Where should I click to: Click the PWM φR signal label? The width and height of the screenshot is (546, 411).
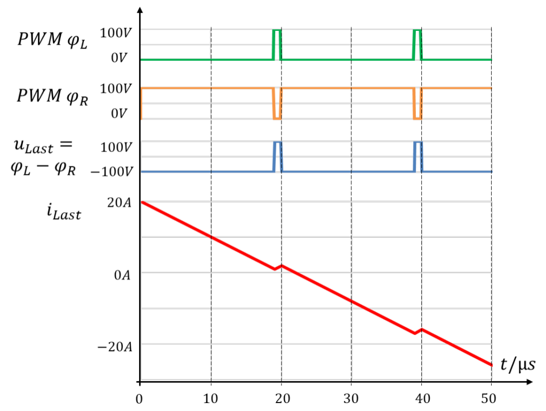pos(52,96)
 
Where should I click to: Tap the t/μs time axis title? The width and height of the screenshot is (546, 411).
pos(518,365)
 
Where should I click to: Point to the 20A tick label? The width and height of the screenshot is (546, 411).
pos(119,203)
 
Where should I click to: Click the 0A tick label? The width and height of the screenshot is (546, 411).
pos(122,275)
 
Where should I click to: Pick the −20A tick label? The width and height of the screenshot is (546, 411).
pos(115,347)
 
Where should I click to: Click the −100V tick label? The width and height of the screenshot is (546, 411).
pos(112,172)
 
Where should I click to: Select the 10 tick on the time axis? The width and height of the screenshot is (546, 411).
pos(211,398)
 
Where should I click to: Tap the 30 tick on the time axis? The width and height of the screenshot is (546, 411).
pos(351,398)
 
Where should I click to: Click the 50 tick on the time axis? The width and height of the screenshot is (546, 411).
pos(489,398)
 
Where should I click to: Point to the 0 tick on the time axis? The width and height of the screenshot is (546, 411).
pos(139,399)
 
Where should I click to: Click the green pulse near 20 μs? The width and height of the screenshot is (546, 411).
pos(277,45)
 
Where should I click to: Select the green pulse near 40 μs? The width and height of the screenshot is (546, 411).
pos(417,45)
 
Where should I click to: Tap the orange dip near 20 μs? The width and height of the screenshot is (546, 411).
pos(277,104)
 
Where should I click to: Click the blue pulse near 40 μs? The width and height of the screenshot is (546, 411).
pos(418,157)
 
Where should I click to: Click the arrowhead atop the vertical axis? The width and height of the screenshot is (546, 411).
pos(140,10)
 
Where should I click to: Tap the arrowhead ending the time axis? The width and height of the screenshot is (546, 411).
pos(529,382)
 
